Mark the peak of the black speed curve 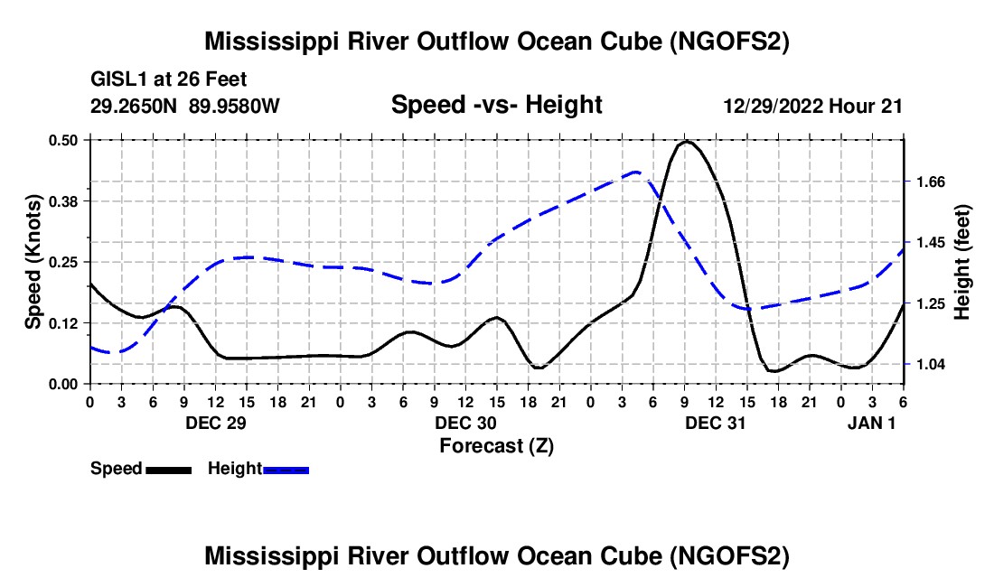coord(687,141)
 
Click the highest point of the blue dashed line coord(636,172)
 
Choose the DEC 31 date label coord(715,424)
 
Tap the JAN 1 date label coord(872,424)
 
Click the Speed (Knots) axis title coord(33,262)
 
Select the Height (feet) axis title coord(961,262)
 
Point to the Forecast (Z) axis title coord(496,445)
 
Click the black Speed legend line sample coord(168,470)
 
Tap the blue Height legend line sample coord(286,470)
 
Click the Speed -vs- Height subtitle coord(496,105)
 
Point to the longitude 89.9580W coord(234,106)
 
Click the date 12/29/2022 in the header coord(773,106)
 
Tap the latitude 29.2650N coord(135,106)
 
